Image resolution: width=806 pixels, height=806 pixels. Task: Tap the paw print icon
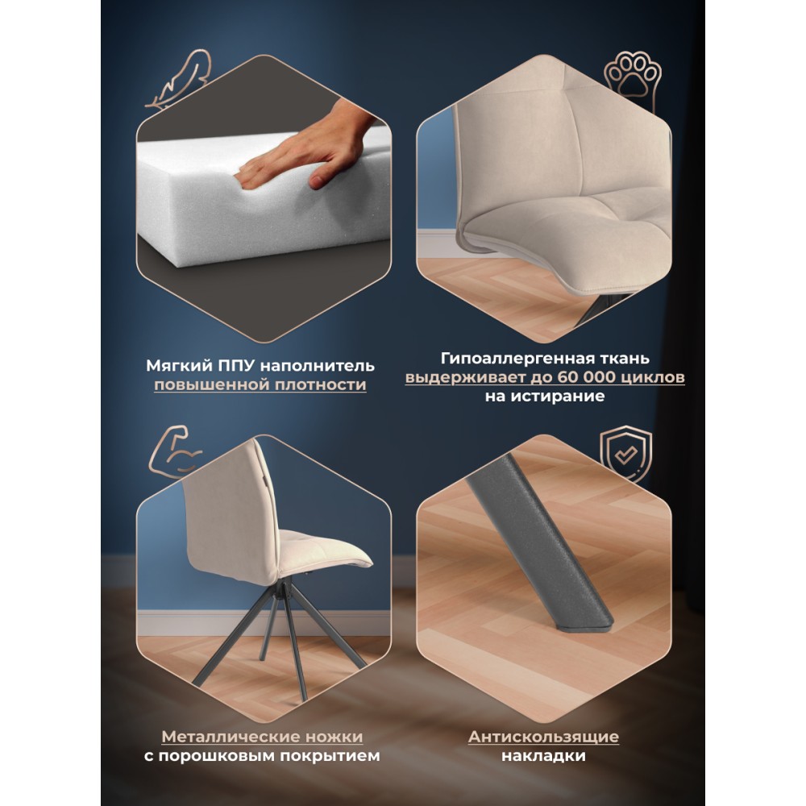632,80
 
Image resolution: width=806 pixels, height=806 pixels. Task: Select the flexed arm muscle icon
175,451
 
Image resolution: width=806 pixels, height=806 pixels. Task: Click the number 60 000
588,376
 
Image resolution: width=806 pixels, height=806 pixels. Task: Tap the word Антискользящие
543,737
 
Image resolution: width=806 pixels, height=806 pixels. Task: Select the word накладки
543,756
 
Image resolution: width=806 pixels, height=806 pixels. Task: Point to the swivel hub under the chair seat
280,588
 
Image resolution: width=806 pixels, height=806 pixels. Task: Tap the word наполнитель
317,366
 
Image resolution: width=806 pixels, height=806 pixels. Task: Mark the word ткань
623,358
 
